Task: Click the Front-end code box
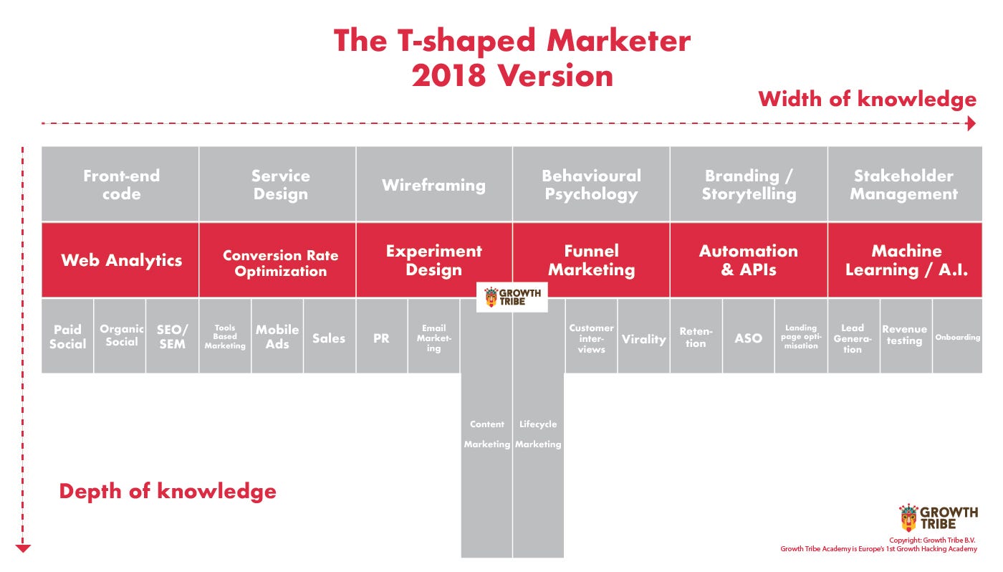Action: click(x=120, y=183)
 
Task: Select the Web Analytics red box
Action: click(x=120, y=259)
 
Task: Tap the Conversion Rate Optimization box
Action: click(x=278, y=259)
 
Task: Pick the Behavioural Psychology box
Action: click(x=591, y=183)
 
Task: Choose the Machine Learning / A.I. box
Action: click(x=905, y=259)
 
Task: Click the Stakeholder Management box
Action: click(x=905, y=183)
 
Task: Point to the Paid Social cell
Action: click(x=67, y=336)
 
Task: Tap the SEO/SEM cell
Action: click(x=172, y=336)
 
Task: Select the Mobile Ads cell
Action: click(x=277, y=336)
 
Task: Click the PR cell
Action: click(x=381, y=336)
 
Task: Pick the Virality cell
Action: click(x=643, y=336)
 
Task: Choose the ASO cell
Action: click(x=748, y=336)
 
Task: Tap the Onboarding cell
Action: click(x=957, y=336)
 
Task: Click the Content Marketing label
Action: click(x=486, y=434)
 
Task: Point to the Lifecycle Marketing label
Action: click(x=538, y=434)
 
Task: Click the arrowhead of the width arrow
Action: click(x=971, y=123)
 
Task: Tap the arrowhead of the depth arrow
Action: click(x=23, y=548)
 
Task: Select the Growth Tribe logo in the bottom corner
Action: click(x=938, y=518)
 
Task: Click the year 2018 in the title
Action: click(x=448, y=75)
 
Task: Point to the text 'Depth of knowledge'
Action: click(x=168, y=492)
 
